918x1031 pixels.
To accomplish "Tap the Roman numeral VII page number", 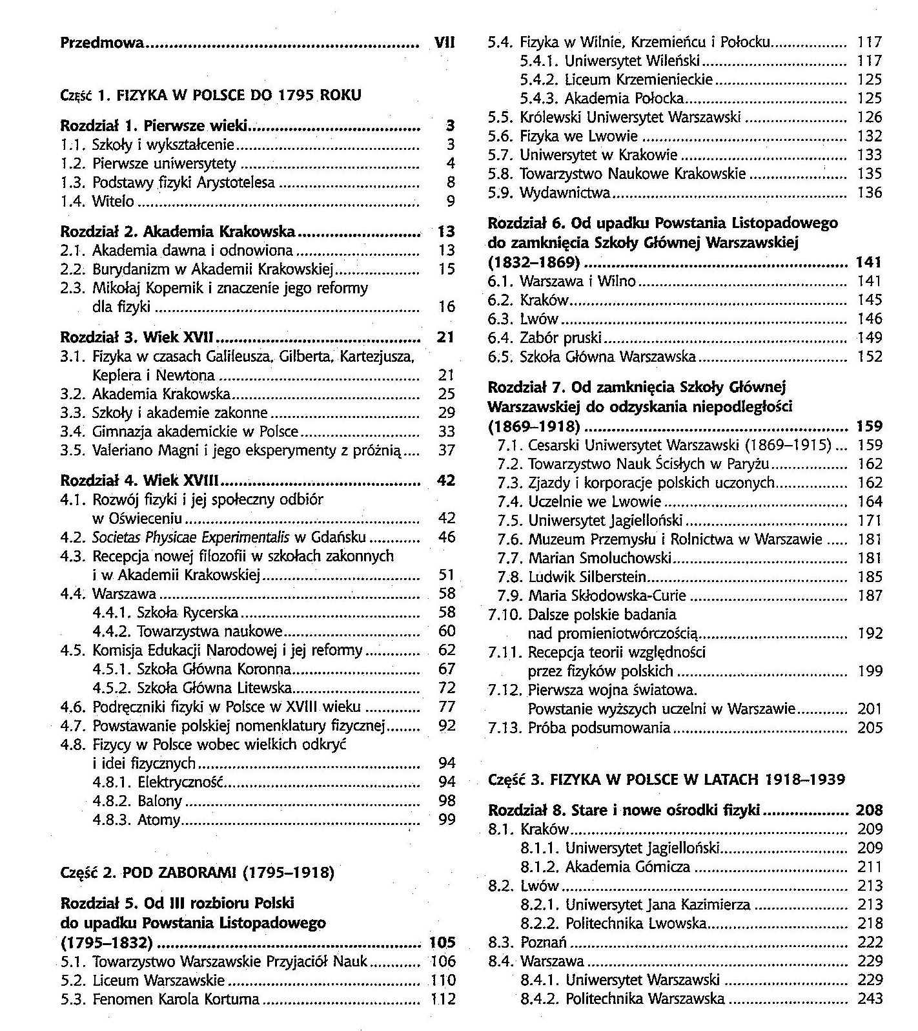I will click(x=445, y=43).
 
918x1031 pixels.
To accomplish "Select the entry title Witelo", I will click(x=113, y=201).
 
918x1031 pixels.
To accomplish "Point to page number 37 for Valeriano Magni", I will click(x=447, y=450).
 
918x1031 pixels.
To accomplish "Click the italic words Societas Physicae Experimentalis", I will click(x=191, y=537).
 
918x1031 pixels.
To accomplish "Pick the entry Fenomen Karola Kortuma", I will click(x=176, y=999).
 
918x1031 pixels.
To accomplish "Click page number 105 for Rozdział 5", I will click(x=442, y=942).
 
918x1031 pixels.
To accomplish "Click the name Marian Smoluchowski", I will click(x=600, y=557).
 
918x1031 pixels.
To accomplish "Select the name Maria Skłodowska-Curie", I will click(x=607, y=595).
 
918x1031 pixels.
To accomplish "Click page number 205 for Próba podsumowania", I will click(x=870, y=728).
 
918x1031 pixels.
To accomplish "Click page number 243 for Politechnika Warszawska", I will click(x=870, y=999).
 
